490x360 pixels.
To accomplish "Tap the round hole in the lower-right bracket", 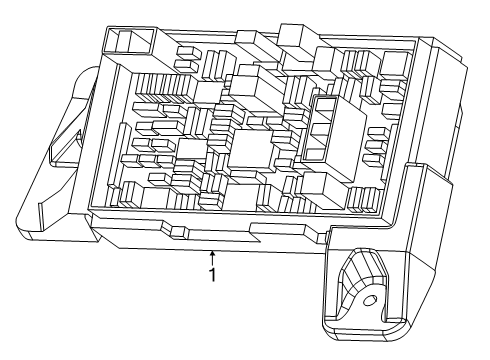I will (x=368, y=300).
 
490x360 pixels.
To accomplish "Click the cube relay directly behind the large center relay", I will (x=245, y=95).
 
